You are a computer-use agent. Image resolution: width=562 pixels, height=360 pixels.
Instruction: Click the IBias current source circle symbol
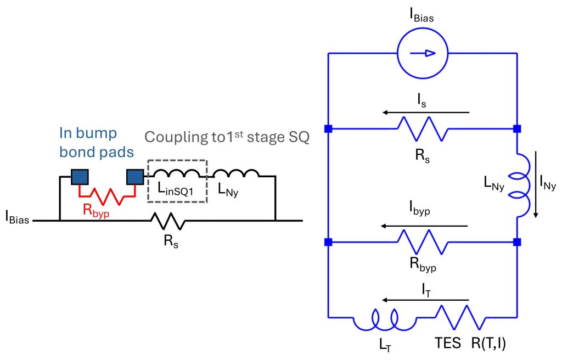423,53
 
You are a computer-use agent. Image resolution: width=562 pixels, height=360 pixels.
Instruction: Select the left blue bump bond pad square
80,177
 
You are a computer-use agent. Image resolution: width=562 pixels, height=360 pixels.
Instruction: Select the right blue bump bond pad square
134,177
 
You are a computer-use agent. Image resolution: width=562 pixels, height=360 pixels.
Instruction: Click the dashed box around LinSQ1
177,181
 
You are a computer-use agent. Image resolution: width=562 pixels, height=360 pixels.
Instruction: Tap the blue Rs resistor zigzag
422,129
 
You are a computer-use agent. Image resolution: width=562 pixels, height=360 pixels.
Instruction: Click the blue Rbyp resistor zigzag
422,242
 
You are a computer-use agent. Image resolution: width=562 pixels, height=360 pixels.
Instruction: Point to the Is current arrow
426,113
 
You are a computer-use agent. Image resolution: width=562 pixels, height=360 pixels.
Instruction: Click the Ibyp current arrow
426,226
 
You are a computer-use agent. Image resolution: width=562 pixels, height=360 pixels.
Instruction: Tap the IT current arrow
426,300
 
